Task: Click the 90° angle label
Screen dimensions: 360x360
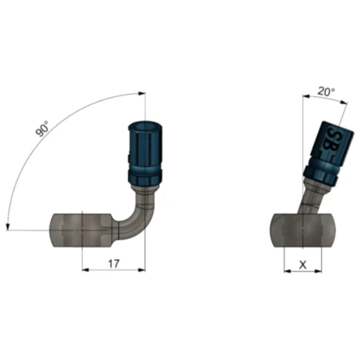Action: [x=43, y=129]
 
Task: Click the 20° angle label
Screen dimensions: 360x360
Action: [x=325, y=91]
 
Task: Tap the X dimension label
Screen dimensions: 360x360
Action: [x=302, y=264]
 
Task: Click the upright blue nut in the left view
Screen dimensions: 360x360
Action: [x=145, y=149]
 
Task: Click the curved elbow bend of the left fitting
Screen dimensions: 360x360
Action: [x=130, y=215]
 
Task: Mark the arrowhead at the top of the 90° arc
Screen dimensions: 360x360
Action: [x=142, y=94]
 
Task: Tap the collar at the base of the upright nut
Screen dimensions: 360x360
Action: [x=144, y=181]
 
